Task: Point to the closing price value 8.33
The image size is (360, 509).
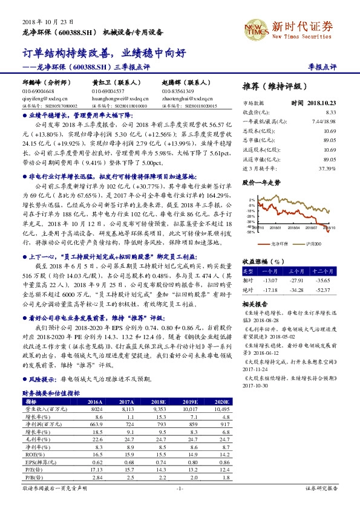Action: [x=330, y=112]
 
